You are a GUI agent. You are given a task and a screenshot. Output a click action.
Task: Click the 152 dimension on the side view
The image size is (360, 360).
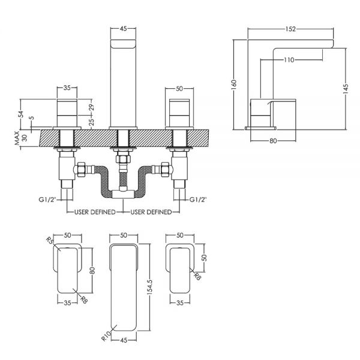[x=290, y=29]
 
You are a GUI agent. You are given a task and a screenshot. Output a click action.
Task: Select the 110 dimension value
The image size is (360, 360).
[x=289, y=60]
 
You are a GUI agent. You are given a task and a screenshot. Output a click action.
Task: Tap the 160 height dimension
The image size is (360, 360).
[x=234, y=85]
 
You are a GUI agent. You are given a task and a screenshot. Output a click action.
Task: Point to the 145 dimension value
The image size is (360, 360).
[x=346, y=88]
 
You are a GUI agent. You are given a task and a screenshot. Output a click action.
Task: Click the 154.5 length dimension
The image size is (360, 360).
[x=149, y=287]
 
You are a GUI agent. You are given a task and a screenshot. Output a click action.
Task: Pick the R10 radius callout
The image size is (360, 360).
[x=106, y=335]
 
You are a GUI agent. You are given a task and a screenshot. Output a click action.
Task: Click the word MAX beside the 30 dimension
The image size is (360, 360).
[x=17, y=138]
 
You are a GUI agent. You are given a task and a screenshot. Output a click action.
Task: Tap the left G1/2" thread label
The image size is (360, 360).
[x=47, y=200]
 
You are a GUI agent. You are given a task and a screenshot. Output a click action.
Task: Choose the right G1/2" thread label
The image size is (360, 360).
[x=198, y=200]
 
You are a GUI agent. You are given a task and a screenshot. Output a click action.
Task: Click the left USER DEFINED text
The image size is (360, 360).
[x=95, y=212]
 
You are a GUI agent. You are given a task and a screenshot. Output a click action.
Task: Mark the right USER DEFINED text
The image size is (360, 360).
[x=151, y=212]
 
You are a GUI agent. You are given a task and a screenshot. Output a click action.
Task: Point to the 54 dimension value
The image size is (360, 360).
[x=20, y=114]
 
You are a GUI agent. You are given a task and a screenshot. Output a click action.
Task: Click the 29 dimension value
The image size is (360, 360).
[x=91, y=107]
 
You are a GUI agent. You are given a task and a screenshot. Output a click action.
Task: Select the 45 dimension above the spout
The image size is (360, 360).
[x=123, y=29]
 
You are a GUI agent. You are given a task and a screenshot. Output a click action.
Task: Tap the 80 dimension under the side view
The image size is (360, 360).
[x=273, y=141]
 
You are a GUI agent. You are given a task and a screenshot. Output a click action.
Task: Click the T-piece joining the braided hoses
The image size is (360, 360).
[x=123, y=193]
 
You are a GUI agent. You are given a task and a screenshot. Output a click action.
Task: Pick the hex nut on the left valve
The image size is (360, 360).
[x=81, y=170]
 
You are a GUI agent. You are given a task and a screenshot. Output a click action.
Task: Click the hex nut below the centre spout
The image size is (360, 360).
[x=123, y=158]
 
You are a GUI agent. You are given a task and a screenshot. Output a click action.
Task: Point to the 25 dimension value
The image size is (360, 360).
[x=91, y=122]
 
